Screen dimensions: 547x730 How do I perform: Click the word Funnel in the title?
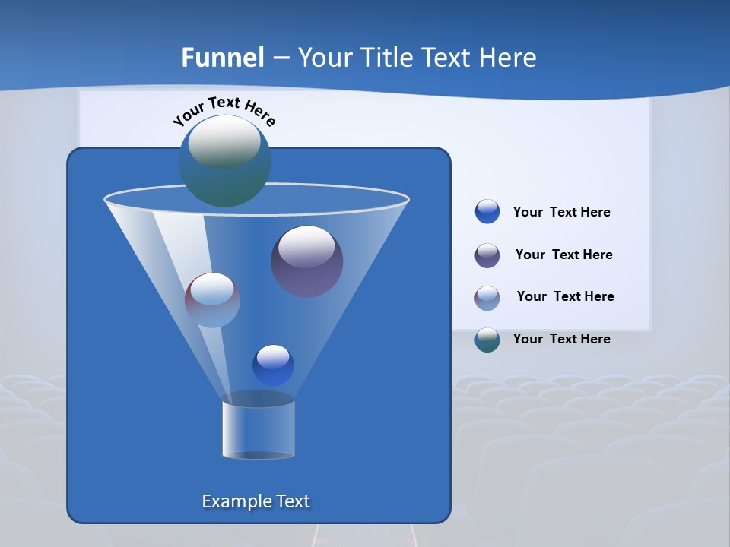(222, 58)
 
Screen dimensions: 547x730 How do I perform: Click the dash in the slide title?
(281, 58)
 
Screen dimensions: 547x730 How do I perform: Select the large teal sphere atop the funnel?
(225, 161)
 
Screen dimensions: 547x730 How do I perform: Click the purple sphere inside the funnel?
(307, 261)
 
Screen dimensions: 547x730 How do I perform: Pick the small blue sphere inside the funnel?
(273, 365)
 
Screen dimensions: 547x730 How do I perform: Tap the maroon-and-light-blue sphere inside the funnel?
(212, 300)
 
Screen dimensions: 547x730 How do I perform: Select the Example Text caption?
(255, 501)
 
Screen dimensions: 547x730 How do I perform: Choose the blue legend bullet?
(487, 212)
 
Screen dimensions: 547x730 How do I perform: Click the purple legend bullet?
(487, 255)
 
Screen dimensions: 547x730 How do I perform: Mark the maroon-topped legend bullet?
(487, 298)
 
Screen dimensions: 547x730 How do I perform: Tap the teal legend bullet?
(487, 340)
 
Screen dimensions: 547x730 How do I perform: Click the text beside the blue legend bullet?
(561, 212)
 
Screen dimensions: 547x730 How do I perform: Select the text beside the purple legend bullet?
(563, 255)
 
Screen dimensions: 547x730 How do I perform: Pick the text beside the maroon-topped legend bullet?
(565, 296)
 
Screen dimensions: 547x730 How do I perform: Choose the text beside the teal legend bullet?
(561, 339)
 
